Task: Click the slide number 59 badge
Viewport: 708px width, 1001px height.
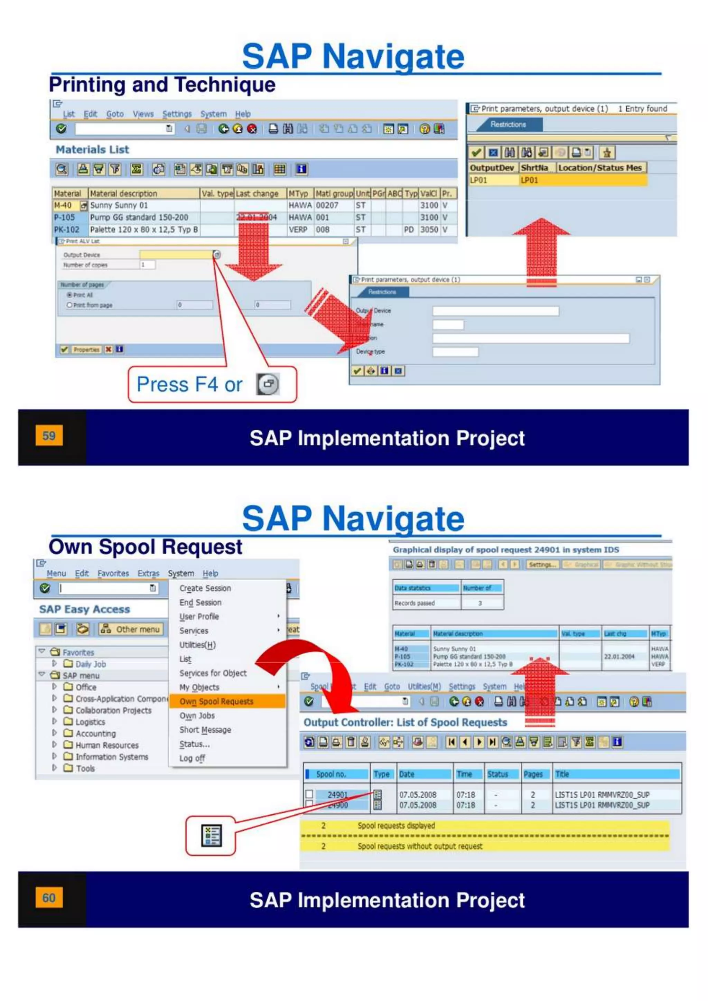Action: [49, 436]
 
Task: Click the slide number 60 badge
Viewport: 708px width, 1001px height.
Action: [49, 898]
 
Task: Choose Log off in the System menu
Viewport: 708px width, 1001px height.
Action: [192, 758]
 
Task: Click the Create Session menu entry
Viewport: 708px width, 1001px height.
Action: [205, 588]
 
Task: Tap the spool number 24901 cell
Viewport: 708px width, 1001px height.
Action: [337, 794]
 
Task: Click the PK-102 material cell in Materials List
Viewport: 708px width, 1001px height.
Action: [66, 229]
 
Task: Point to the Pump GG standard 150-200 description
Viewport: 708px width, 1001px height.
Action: [139, 217]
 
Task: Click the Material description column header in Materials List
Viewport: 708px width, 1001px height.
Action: [123, 193]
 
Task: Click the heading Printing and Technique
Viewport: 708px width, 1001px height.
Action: [162, 85]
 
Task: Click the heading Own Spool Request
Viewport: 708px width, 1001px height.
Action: [145, 547]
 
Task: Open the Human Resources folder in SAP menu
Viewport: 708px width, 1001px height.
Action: [107, 745]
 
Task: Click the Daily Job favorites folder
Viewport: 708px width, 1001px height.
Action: [90, 664]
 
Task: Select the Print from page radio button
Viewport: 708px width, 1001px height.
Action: [69, 305]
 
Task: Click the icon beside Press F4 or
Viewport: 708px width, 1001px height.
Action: [268, 384]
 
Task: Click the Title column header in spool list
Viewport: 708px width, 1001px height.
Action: [562, 774]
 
